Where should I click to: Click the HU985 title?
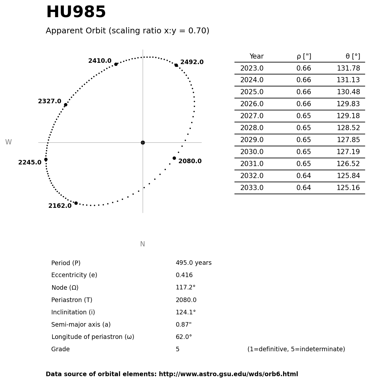(x=76, y=13)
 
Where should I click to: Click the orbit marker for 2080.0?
(x=174, y=158)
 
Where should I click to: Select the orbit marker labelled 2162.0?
(x=76, y=203)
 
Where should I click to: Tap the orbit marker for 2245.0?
(x=46, y=159)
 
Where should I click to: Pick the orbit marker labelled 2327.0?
(x=66, y=105)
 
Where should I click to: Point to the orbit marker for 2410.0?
(x=116, y=64)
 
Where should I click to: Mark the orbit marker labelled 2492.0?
(x=176, y=65)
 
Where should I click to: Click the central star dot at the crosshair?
(x=143, y=142)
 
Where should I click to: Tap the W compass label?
(x=8, y=142)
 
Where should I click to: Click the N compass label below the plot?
(x=142, y=244)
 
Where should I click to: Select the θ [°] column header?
(x=352, y=57)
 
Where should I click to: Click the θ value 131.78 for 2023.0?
(x=348, y=69)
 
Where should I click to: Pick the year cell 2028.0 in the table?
(x=252, y=128)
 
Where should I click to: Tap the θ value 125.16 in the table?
(x=348, y=188)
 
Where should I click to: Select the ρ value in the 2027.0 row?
(x=304, y=116)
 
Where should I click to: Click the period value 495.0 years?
(x=194, y=263)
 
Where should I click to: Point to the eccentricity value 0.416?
(x=184, y=275)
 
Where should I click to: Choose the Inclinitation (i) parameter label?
(x=73, y=313)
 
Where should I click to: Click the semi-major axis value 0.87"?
(x=184, y=325)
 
